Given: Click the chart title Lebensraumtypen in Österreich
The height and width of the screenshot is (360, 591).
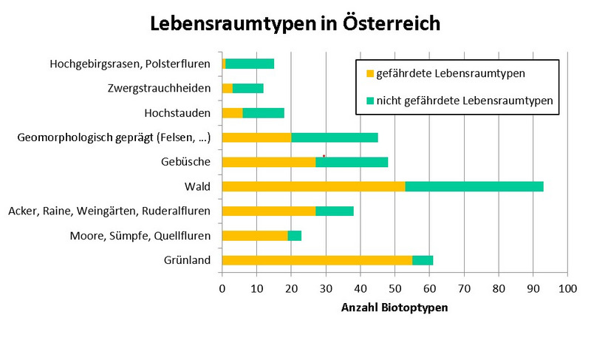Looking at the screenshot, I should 295,23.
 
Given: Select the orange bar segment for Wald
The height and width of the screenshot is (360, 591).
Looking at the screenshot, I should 314,186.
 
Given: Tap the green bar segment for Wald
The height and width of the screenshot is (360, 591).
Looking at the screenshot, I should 474,186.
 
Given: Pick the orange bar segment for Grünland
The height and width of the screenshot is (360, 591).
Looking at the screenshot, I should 317,259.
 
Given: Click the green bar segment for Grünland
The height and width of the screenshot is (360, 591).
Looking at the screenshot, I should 423,259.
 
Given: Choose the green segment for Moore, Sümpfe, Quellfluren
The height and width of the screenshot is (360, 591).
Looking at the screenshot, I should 295,236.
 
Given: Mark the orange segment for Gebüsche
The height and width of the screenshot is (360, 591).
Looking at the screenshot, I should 269,162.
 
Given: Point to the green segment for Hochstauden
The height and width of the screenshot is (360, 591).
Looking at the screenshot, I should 264,112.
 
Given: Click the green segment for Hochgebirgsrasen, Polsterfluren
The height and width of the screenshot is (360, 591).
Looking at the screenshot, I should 250,64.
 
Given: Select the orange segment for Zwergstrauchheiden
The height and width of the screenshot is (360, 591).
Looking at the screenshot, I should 228,89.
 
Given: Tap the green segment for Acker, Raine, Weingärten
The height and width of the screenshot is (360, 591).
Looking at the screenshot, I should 335,211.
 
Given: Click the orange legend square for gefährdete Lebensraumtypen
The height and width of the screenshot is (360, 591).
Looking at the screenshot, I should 370,73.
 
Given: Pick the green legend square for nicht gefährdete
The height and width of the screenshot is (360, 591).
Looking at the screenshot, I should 370,101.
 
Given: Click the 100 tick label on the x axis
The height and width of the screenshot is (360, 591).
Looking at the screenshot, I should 567,289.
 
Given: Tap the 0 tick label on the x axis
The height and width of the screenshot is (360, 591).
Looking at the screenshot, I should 222,289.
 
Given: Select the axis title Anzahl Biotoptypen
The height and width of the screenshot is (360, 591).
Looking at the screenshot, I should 394,308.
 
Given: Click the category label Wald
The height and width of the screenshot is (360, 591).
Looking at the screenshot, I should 197,186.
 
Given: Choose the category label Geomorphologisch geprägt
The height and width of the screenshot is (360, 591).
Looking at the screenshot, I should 114,137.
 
